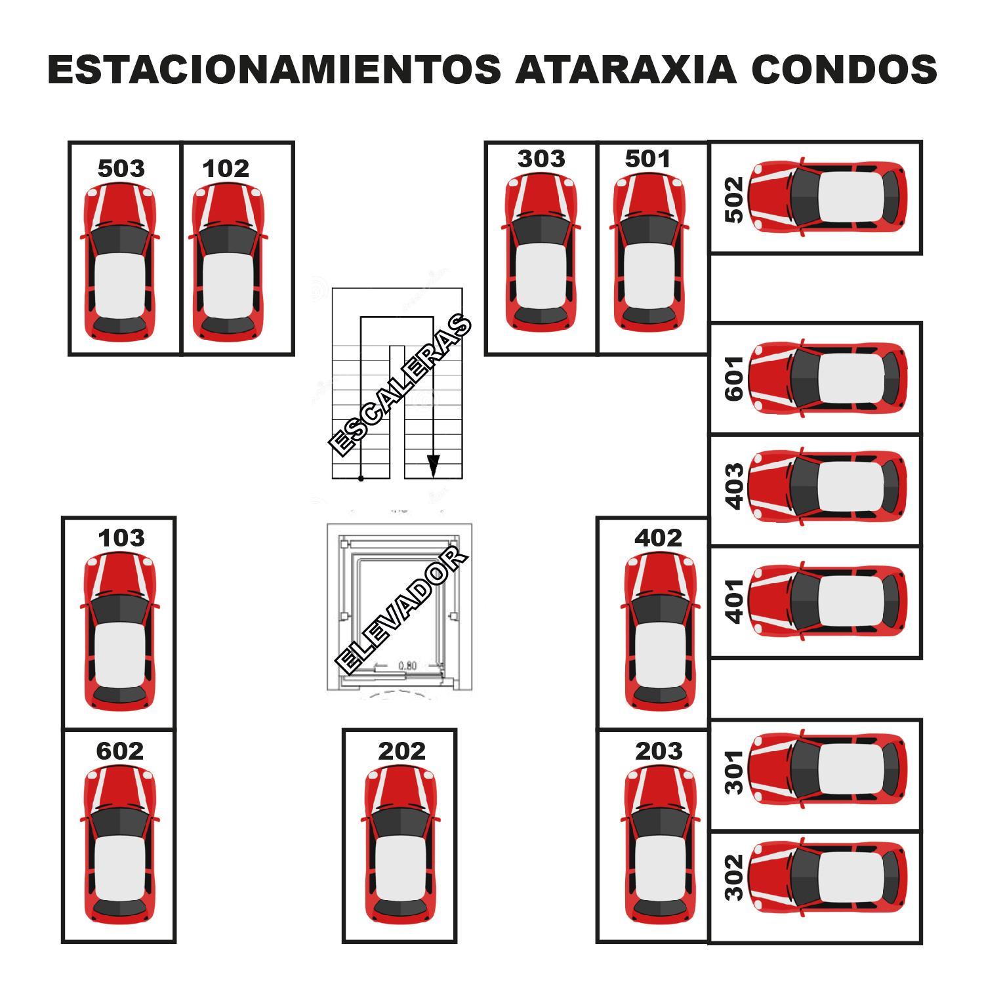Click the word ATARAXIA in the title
pyautogui.click(x=626, y=70)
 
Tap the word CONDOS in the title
pyautogui.click(x=844, y=70)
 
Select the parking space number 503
pyautogui.click(x=121, y=169)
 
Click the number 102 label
pyautogui.click(x=226, y=169)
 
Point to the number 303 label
pyautogui.click(x=541, y=158)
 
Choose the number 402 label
pyautogui.click(x=658, y=538)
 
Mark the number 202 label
pyautogui.click(x=401, y=750)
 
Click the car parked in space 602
pyautogui.click(x=119, y=844)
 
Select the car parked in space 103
pyautogui.click(x=119, y=631)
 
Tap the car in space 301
pyautogui.click(x=827, y=769)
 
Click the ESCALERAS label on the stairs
pyautogui.click(x=400, y=386)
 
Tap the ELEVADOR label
pyautogui.click(x=401, y=610)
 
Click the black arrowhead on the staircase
pyautogui.click(x=433, y=466)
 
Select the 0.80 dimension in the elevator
pyautogui.click(x=407, y=666)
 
